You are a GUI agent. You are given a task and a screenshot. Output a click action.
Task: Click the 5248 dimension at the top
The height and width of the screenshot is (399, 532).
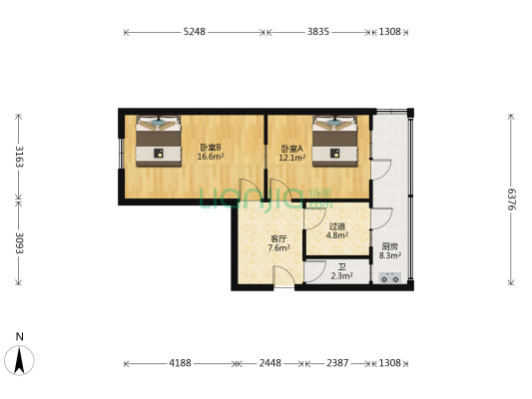point(194,32)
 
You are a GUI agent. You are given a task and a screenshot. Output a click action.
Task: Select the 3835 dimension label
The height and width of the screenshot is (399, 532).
point(317,32)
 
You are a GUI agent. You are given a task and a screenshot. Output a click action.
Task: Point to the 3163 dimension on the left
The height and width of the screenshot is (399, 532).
point(17,158)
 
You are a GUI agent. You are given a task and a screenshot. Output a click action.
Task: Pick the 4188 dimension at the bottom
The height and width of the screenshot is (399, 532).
point(180,363)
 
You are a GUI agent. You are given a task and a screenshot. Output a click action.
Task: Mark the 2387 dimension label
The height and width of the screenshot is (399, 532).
point(340,363)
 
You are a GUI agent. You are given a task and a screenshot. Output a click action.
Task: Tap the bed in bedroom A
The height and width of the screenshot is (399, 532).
point(334,140)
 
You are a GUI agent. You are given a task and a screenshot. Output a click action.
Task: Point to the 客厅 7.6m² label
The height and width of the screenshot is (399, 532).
point(278,243)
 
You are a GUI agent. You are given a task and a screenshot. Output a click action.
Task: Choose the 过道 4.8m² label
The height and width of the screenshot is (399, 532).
point(336,232)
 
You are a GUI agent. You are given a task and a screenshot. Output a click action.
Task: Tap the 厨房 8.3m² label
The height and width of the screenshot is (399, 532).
point(390,251)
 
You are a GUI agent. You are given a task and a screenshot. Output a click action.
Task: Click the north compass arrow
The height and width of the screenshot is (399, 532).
point(20,356)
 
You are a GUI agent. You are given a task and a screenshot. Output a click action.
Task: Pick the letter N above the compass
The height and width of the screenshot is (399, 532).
point(20,336)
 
